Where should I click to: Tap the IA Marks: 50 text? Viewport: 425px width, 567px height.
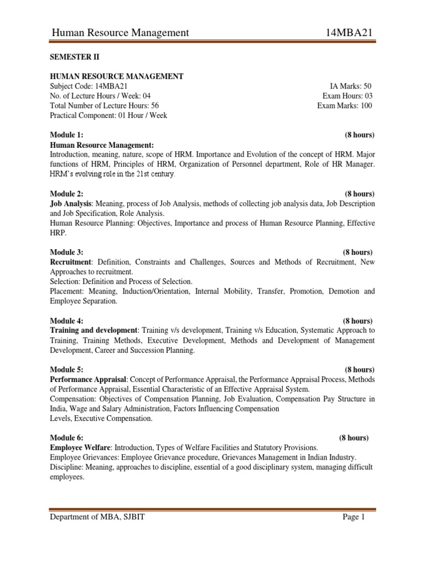point(351,86)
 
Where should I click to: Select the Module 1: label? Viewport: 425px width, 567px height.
point(67,135)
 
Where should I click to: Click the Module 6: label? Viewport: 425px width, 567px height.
point(67,437)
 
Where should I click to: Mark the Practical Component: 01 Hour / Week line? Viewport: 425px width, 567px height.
point(108,116)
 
